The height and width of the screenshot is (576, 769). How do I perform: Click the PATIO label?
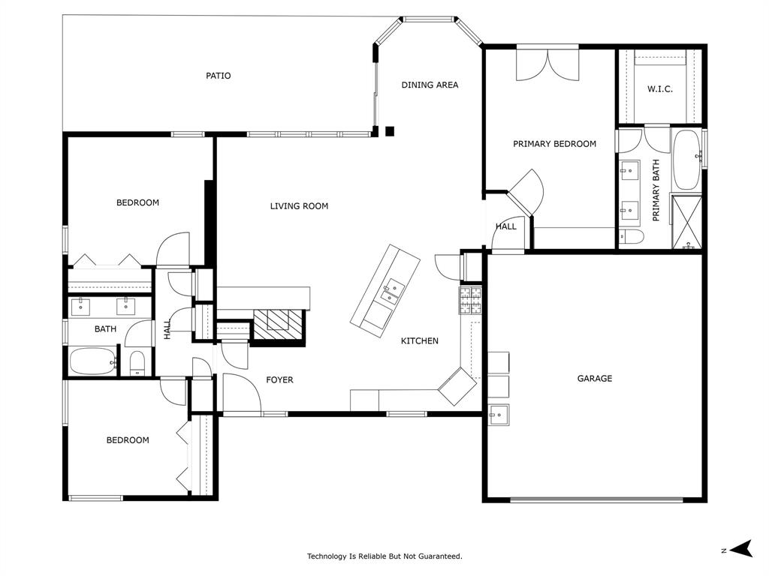pyautogui.click(x=219, y=76)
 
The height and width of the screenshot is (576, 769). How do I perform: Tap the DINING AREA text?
pyautogui.click(x=430, y=85)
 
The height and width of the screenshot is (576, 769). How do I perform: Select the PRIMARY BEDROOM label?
pyautogui.click(x=554, y=144)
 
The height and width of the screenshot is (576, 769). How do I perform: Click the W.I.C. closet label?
pyautogui.click(x=660, y=89)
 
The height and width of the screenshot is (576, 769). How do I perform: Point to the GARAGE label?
pyautogui.click(x=594, y=379)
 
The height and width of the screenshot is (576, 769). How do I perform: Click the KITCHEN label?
pyautogui.click(x=419, y=341)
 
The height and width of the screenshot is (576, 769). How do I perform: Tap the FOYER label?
pyautogui.click(x=279, y=380)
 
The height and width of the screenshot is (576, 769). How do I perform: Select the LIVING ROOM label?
pyautogui.click(x=299, y=206)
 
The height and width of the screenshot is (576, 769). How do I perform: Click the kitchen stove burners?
pyautogui.click(x=469, y=301)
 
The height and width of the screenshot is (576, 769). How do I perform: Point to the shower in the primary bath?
pyautogui.click(x=686, y=222)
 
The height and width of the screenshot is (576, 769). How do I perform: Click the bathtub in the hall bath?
pyautogui.click(x=93, y=361)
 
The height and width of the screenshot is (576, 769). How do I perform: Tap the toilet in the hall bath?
pyautogui.click(x=137, y=363)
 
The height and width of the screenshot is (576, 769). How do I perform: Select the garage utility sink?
pyautogui.click(x=498, y=413)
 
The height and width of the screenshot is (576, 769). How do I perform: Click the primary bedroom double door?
pyautogui.click(x=547, y=64)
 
